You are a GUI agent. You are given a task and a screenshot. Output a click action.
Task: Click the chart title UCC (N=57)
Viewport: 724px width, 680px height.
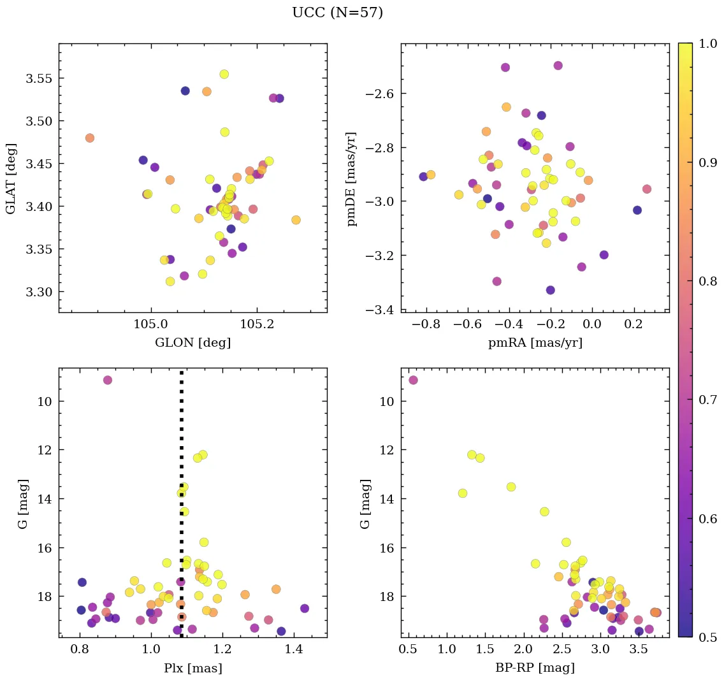(x=337, y=13)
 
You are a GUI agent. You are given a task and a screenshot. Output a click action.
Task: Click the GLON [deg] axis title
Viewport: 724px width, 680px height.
(x=192, y=343)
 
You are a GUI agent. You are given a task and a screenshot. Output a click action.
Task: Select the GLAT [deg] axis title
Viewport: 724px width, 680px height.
(x=11, y=178)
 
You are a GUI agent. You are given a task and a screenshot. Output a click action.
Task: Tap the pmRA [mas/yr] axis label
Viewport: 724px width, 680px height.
(x=535, y=343)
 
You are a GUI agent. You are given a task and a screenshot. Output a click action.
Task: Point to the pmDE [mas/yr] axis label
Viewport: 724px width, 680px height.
(x=352, y=178)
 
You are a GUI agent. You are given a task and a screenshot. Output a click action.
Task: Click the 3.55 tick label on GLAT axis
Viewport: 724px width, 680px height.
(x=38, y=78)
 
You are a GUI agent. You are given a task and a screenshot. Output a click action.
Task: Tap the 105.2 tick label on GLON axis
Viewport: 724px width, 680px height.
(x=256, y=324)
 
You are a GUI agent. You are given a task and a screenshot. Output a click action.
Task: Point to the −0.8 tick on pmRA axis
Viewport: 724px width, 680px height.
(x=426, y=324)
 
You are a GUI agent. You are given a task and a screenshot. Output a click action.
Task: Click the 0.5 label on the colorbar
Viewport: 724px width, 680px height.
(x=708, y=637)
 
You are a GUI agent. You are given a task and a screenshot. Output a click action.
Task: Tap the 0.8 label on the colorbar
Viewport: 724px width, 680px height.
(x=708, y=281)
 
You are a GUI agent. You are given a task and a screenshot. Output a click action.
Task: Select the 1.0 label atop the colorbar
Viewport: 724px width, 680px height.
(x=708, y=43)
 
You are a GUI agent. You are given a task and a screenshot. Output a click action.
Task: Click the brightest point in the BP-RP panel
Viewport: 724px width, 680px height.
(x=413, y=380)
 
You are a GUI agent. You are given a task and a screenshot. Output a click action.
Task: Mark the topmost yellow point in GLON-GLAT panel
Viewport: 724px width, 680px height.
(x=224, y=74)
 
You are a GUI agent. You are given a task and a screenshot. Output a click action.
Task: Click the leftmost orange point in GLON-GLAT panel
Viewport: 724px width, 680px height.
(x=90, y=138)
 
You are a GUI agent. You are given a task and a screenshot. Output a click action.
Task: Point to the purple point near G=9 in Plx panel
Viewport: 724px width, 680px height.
(x=108, y=380)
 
